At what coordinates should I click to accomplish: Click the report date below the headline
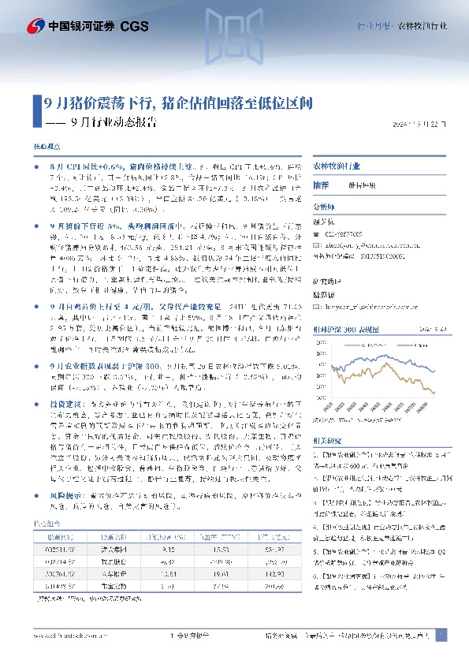[419, 125]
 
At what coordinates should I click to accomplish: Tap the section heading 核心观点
[46, 147]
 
